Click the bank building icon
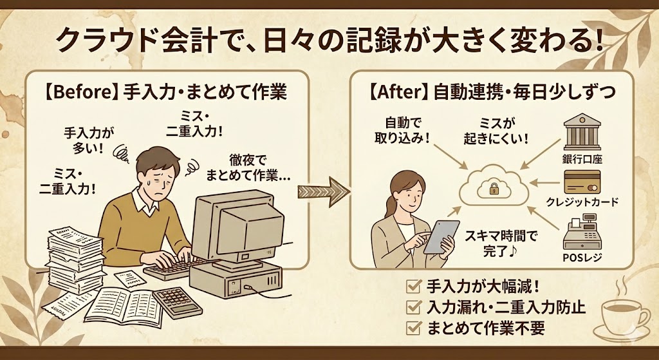tap(582, 131)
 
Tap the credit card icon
tap(582, 182)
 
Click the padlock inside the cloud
tap(494, 189)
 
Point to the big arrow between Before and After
tap(324, 192)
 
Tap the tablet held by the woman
tap(441, 237)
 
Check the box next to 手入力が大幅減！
tap(414, 287)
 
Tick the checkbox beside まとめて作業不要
tap(414, 328)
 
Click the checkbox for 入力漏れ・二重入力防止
tap(414, 307)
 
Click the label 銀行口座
tap(582, 160)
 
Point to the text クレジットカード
tap(582, 202)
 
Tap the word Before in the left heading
tap(84, 93)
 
